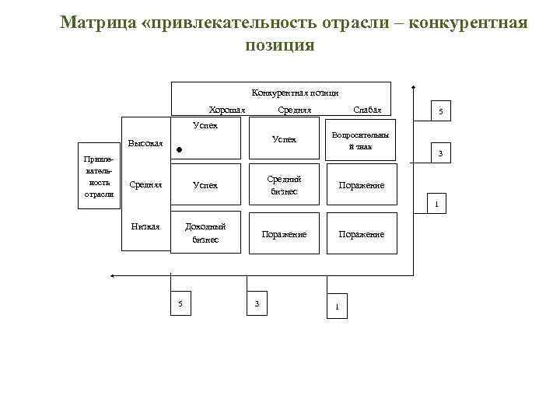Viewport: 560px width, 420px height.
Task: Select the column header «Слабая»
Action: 367,110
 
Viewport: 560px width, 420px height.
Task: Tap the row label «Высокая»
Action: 145,143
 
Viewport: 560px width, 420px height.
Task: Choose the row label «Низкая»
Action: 145,226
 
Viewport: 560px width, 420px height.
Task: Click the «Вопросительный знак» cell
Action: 360,140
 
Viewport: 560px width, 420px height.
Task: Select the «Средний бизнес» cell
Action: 284,185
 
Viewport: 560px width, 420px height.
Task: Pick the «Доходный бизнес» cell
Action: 205,233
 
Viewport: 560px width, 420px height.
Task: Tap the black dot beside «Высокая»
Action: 179,149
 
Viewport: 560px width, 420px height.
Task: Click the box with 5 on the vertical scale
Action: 440,112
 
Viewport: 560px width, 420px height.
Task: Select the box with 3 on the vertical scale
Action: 440,154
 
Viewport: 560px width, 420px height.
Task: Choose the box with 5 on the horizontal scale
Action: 180,303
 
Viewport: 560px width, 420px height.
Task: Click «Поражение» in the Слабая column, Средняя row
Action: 360,186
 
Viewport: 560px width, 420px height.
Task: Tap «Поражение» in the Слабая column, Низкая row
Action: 360,234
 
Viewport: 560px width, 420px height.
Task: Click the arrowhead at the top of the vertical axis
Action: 414,87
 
